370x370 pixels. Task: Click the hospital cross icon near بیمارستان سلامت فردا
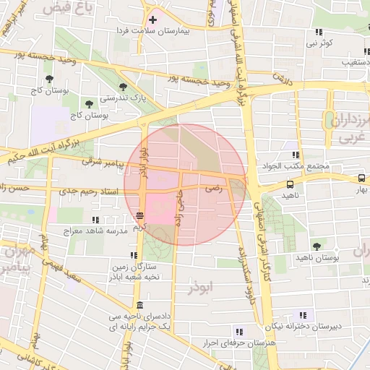click(x=152, y=20)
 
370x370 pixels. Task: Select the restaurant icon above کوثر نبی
click(x=319, y=32)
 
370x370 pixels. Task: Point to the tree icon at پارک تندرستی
click(x=132, y=85)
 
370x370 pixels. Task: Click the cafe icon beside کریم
click(x=139, y=215)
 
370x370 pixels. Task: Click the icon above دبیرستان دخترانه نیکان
click(x=302, y=314)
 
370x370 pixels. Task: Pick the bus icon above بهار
click(x=361, y=178)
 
